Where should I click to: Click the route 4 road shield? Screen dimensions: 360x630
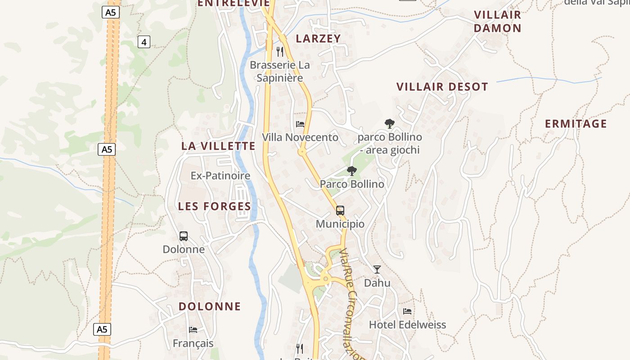144,42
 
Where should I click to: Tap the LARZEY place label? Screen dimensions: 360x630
318,39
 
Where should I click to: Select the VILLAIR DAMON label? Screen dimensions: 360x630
497,21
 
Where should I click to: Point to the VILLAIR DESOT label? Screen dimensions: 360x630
442,87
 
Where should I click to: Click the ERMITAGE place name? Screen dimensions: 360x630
576,124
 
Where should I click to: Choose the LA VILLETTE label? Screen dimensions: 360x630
218,146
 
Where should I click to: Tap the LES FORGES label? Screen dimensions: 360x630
214,206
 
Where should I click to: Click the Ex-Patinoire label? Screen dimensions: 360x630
220,175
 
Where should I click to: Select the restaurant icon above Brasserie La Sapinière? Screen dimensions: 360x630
280,51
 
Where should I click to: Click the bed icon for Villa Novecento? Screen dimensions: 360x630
300,124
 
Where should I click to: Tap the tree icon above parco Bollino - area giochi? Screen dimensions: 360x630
390,123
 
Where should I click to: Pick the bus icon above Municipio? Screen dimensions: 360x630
340,210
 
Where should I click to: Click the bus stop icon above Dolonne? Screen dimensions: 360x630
184,236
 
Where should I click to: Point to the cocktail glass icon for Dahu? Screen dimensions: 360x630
377,269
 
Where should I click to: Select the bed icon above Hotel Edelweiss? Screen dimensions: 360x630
407,311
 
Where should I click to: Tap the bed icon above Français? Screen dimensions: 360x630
193,329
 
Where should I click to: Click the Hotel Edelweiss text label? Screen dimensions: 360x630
407,324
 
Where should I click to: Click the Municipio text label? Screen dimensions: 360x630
340,224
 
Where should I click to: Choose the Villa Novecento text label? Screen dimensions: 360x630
300,137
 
